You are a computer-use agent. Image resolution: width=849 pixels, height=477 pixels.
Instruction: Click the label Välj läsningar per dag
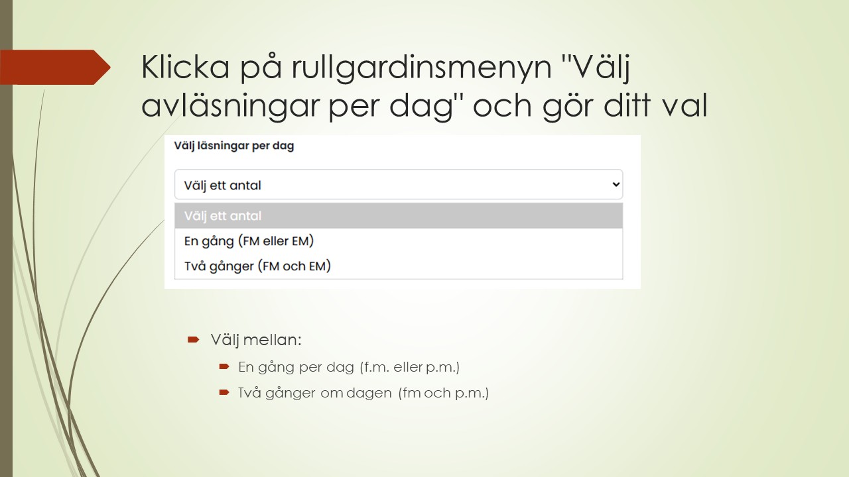233,146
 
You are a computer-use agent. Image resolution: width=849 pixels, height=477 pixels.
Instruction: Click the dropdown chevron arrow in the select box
615,185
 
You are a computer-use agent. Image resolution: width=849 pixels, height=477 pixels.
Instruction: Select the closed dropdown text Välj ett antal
223,185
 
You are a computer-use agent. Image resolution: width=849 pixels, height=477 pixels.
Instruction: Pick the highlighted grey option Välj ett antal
223,216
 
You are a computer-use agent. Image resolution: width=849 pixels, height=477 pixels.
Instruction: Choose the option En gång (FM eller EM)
249,241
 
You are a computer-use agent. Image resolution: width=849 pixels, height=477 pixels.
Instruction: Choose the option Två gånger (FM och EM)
257,266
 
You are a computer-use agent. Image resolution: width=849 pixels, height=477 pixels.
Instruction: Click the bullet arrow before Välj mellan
193,340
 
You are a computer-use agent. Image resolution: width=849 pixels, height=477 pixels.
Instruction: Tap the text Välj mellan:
256,341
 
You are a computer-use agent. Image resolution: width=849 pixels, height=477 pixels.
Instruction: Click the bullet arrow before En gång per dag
224,366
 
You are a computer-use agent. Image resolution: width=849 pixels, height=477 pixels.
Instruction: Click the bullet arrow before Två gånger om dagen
224,393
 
